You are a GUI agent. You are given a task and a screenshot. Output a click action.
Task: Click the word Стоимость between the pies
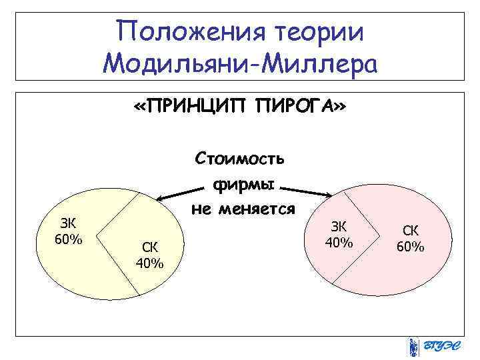tap(239, 159)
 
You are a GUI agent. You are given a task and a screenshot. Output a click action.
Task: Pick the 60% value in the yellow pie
tap(68, 239)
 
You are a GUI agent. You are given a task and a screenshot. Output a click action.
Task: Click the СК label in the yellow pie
tap(148, 247)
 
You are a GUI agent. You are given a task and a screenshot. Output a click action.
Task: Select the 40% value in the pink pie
tap(338, 242)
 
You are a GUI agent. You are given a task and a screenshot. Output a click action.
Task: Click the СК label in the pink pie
tap(410, 231)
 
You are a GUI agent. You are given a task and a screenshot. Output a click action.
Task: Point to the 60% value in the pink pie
tap(410, 247)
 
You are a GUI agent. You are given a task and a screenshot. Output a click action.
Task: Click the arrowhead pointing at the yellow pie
tap(159, 198)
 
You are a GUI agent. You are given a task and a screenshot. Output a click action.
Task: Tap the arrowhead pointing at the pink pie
tap(328, 195)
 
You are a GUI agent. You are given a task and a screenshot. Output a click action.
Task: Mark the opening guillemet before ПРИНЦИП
tap(139, 107)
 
